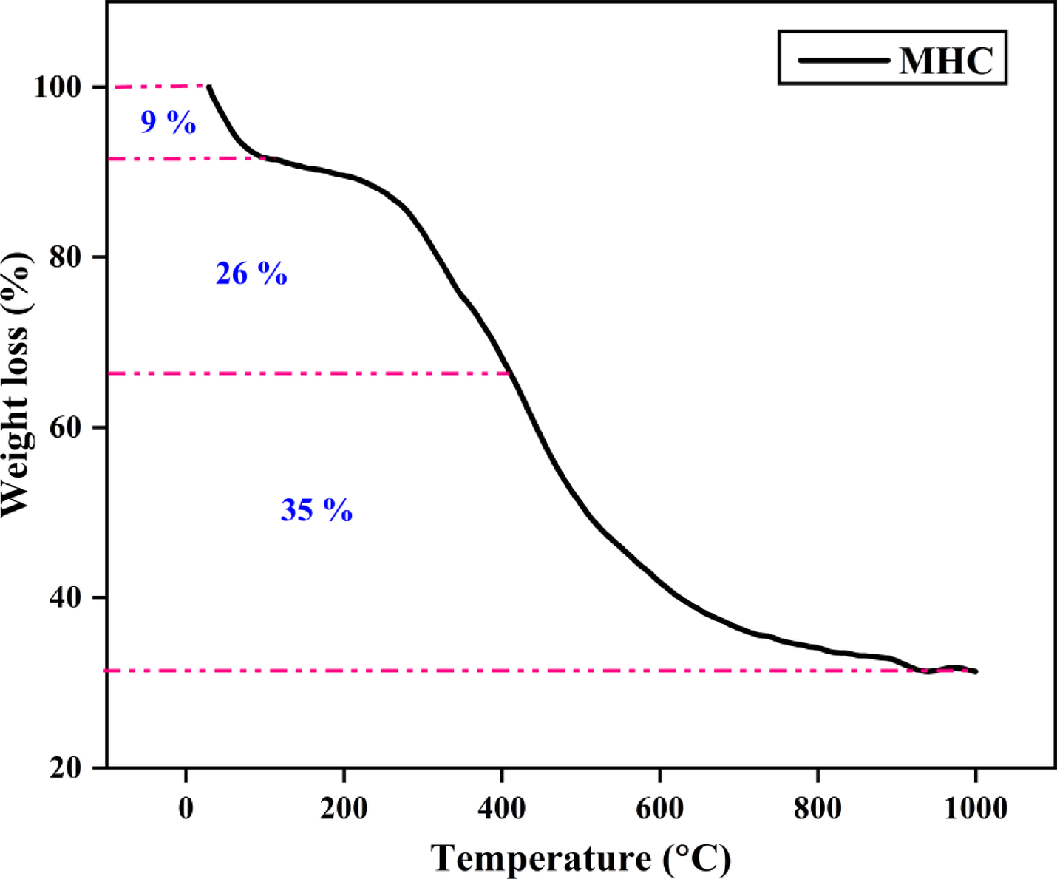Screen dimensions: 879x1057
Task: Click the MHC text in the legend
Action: tap(946, 59)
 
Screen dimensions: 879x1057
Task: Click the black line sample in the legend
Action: tap(843, 59)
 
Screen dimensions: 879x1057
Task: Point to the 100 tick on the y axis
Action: tap(57, 87)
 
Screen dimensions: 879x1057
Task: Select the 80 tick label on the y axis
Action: tap(65, 257)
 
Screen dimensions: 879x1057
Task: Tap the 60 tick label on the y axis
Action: tap(65, 427)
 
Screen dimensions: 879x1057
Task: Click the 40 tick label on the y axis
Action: tap(65, 597)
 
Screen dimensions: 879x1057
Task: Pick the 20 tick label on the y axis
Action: tap(65, 767)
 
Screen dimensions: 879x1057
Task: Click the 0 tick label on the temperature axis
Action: tap(186, 807)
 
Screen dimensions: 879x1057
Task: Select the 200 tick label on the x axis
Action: tap(344, 807)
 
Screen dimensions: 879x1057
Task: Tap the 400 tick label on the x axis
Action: tap(502, 807)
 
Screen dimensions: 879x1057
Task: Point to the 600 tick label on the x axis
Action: tap(659, 807)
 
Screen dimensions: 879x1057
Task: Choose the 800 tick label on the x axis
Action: tap(818, 807)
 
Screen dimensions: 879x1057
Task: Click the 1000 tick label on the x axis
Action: tap(975, 807)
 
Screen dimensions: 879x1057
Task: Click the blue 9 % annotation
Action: tap(169, 122)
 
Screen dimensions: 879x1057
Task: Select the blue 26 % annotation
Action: tap(251, 274)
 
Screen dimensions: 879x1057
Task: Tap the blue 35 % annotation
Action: tap(316, 510)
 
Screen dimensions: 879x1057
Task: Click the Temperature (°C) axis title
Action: tap(581, 858)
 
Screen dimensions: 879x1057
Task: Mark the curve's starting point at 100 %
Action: tap(209, 86)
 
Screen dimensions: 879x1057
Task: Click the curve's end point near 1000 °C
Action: tap(976, 671)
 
